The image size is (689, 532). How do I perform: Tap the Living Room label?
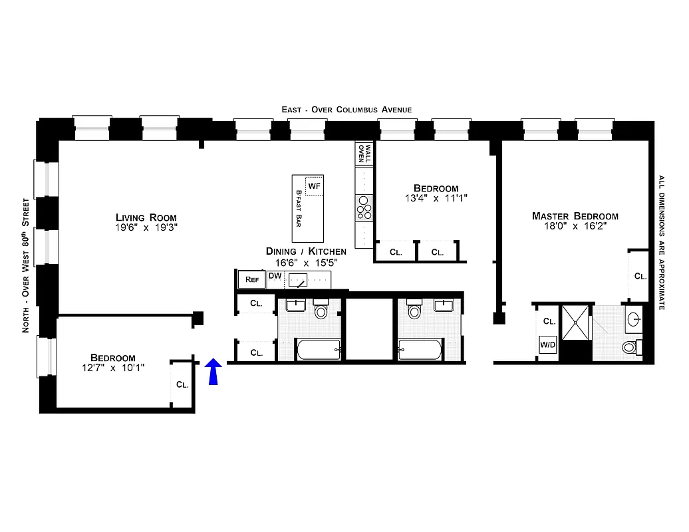[146, 217]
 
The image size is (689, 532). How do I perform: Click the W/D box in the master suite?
[548, 344]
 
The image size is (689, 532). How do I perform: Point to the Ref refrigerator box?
[252, 279]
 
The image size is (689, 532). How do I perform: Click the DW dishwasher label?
[275, 276]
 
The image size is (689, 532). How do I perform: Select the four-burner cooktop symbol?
[364, 208]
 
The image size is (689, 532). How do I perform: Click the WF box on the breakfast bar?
[314, 186]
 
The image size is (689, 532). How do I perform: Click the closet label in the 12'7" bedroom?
[182, 384]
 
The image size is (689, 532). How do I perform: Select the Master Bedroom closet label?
[639, 276]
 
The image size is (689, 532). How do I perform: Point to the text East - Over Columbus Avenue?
[346, 110]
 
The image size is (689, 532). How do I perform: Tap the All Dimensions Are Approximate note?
[662, 243]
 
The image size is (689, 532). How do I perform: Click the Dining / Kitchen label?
[306, 251]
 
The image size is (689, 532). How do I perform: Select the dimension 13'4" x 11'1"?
[436, 198]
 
